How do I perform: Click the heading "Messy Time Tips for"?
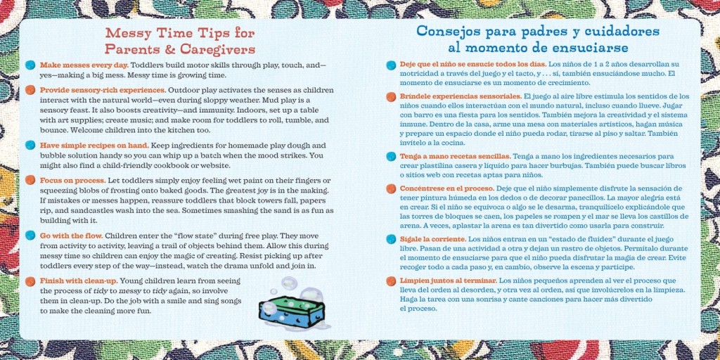(x=180, y=33)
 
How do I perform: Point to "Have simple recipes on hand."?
(x=94, y=146)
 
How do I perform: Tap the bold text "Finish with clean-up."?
(x=79, y=281)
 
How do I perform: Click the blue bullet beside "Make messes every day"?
(x=30, y=65)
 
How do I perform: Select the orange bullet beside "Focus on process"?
(x=30, y=180)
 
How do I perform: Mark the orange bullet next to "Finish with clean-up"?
(x=30, y=281)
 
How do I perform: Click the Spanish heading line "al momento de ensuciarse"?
(x=538, y=47)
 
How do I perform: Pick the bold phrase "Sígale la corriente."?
(x=433, y=239)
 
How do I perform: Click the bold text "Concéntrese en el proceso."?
(x=446, y=188)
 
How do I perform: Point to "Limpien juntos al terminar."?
(x=448, y=280)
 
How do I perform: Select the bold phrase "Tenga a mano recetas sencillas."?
(x=456, y=156)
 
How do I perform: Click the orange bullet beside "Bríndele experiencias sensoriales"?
(x=391, y=97)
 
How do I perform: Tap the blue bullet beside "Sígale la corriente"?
(x=391, y=239)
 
